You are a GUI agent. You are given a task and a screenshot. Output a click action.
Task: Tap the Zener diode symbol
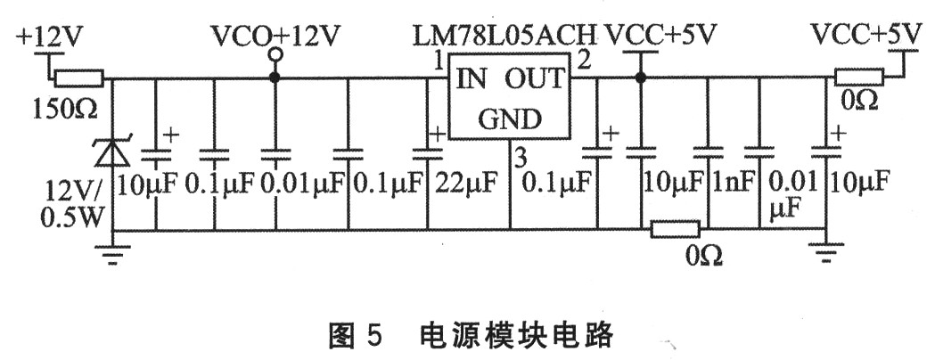(x=112, y=153)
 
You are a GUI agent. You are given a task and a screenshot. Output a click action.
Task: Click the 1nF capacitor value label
(x=734, y=184)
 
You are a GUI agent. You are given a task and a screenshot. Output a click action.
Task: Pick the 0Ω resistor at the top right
(x=857, y=78)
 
